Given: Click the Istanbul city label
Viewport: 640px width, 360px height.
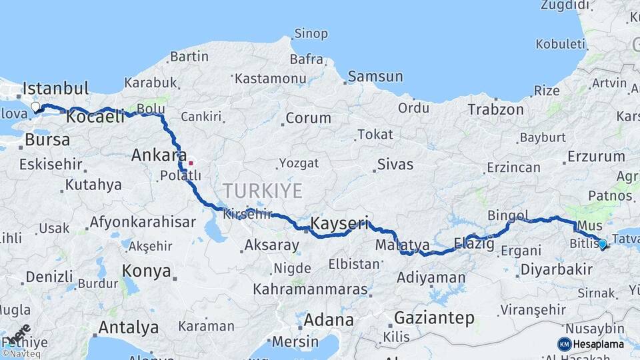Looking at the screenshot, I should click(55, 89).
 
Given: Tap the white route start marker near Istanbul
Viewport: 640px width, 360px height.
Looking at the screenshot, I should click(36, 107).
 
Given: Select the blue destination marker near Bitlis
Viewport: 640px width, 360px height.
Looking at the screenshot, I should click(602, 244).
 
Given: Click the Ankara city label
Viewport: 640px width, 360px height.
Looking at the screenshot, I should click(158, 155).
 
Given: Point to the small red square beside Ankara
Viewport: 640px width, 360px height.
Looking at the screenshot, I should click(191, 162).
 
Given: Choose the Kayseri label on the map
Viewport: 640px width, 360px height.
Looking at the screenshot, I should click(340, 223).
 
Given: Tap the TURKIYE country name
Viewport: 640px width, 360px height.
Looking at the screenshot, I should click(263, 191).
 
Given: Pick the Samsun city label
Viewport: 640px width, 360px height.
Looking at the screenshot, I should click(375, 77).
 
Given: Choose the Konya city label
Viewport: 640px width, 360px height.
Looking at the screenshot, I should click(147, 271).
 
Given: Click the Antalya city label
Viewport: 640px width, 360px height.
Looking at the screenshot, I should click(129, 327).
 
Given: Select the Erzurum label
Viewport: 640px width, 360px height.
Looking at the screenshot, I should click(596, 157).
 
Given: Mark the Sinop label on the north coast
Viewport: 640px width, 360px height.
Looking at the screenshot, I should click(311, 33).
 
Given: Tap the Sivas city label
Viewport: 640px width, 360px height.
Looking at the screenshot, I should click(395, 164).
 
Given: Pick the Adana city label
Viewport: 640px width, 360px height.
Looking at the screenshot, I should click(329, 320).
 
